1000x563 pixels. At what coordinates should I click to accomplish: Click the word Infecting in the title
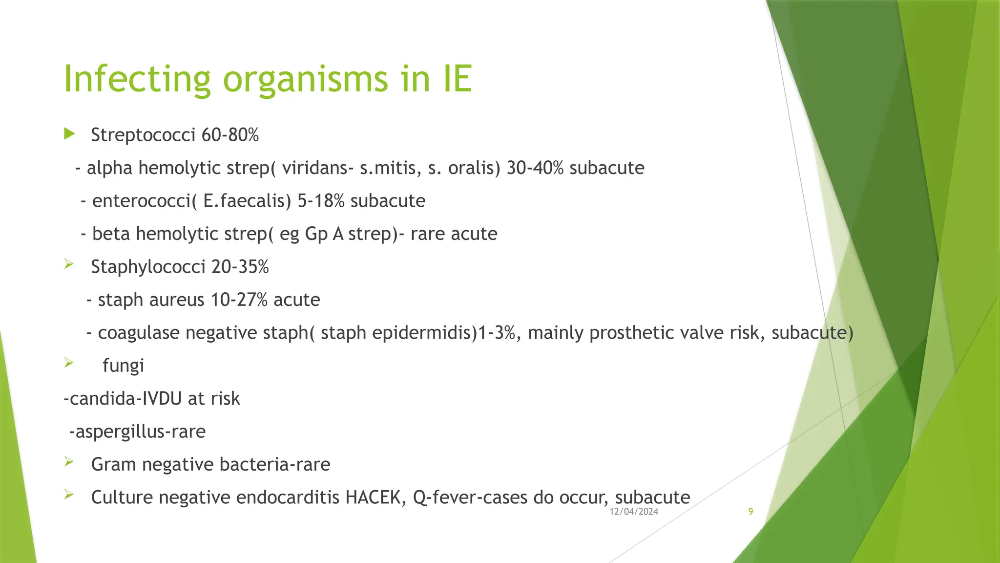[x=137, y=79]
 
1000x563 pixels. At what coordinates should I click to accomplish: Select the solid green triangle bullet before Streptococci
[x=69, y=134]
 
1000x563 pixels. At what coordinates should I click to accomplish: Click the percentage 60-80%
[x=230, y=135]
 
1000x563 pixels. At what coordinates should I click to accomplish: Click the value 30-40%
[x=535, y=168]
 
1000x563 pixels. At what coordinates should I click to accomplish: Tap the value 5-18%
[x=321, y=201]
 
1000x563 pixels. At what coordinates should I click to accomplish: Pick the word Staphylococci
[x=148, y=267]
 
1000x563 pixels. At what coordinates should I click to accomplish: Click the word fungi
[x=123, y=366]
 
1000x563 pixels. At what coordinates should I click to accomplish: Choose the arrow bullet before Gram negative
[x=69, y=462]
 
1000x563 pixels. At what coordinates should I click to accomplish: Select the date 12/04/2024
[x=634, y=512]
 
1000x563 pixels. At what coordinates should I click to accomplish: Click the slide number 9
[x=750, y=512]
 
